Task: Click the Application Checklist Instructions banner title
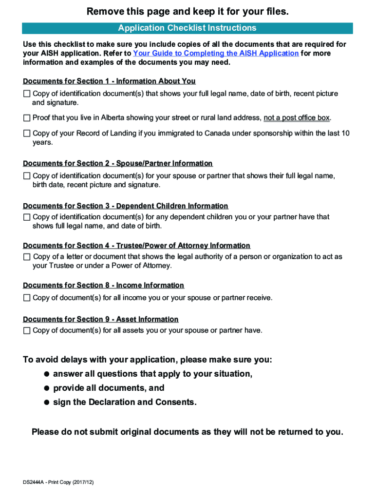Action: pyautogui.click(x=187, y=28)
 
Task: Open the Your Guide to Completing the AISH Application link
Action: pyautogui.click(x=216, y=53)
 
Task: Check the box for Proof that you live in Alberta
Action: pyautogui.click(x=27, y=118)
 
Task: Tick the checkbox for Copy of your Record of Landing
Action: pyautogui.click(x=27, y=133)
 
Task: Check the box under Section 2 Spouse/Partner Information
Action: pyautogui.click(x=27, y=175)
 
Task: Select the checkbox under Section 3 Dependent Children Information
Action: pyautogui.click(x=27, y=217)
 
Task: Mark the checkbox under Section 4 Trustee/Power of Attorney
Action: pyautogui.click(x=27, y=256)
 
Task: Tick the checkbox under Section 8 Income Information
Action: pyautogui.click(x=27, y=297)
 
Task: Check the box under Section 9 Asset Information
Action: pyautogui.click(x=27, y=330)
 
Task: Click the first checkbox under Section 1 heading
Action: pyautogui.click(x=27, y=93)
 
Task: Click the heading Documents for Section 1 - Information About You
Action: pyautogui.click(x=109, y=81)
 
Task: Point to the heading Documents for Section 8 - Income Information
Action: pyautogui.click(x=103, y=285)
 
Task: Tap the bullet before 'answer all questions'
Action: pyautogui.click(x=47, y=374)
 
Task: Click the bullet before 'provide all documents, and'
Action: pyautogui.click(x=47, y=388)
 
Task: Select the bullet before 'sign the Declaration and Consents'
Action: pyautogui.click(x=47, y=402)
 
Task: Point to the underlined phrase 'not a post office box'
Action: pyautogui.click(x=297, y=118)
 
